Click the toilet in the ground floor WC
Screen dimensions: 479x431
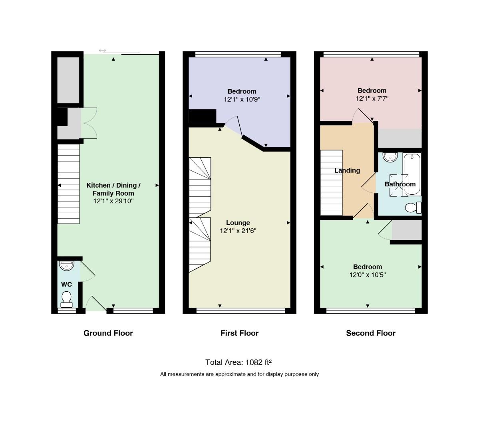(66, 299)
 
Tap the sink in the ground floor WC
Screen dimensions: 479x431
(66, 265)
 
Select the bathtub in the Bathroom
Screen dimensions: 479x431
(412, 174)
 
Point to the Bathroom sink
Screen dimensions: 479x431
(390, 157)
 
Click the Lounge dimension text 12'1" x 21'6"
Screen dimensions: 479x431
(238, 231)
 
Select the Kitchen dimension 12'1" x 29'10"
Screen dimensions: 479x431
(113, 201)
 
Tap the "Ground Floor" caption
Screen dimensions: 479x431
(108, 333)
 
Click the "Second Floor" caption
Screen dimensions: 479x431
(371, 333)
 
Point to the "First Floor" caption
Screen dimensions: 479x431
(240, 333)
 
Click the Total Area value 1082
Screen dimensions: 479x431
(254, 362)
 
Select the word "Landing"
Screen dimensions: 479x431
(347, 171)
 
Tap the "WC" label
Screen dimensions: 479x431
(66, 285)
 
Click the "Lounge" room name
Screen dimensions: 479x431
(238, 223)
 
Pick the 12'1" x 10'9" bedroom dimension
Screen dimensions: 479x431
(242, 99)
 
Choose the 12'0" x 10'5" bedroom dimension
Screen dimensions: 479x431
(368, 275)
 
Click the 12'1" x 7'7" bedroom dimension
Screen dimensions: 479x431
(372, 99)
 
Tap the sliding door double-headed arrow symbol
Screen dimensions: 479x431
(102, 50)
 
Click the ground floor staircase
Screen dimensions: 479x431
(68, 184)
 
